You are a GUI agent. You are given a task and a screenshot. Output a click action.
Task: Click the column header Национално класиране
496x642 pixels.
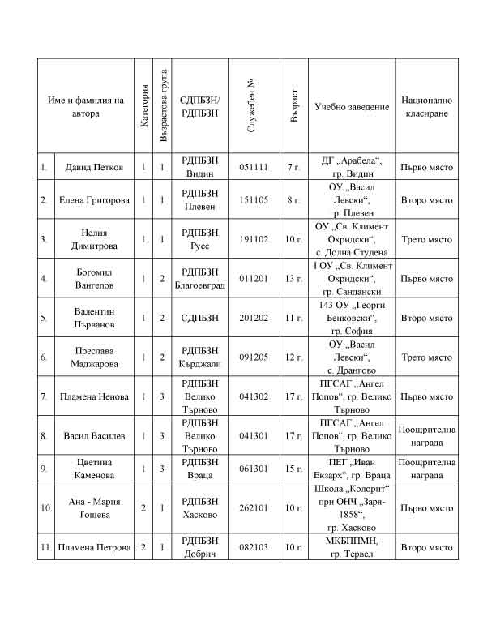427,107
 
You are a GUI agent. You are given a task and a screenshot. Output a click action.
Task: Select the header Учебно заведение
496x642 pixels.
352,107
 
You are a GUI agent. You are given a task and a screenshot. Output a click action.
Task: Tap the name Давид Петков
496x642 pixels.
94,168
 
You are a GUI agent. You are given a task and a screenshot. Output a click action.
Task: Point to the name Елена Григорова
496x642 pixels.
94,199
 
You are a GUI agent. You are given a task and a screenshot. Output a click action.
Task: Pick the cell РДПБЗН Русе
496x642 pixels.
200,239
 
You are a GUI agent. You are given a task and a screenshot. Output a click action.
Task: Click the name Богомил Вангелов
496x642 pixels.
94,279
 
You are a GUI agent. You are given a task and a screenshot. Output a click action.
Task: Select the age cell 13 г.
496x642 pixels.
293,279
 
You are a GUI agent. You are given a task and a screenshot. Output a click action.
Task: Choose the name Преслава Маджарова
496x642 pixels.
94,357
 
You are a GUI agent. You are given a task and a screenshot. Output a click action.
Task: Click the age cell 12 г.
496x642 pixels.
293,357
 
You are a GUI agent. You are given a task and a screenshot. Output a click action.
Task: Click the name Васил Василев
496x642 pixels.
94,436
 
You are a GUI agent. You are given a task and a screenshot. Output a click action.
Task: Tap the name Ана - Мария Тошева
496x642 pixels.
94,508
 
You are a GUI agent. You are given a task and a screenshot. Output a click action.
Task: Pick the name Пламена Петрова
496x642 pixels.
95,547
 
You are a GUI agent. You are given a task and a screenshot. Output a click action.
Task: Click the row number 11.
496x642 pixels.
45,547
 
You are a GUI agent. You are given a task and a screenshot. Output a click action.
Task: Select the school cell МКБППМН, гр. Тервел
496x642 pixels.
352,547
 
